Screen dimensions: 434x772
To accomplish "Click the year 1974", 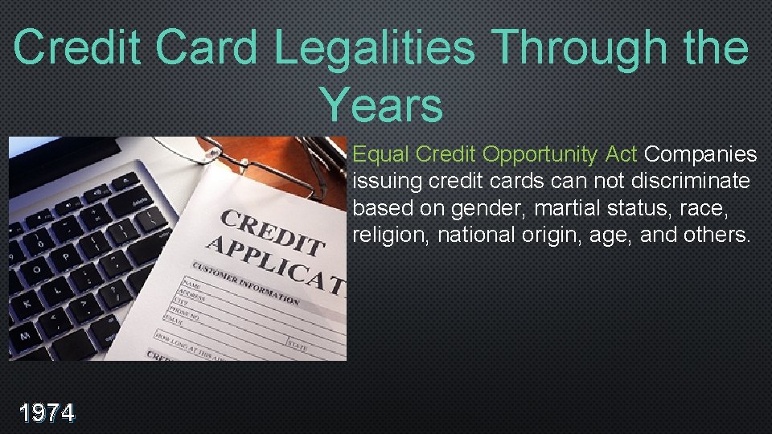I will pos(47,413).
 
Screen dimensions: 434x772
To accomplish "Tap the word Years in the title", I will pos(381,105).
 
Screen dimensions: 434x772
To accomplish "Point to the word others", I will pos(711,235).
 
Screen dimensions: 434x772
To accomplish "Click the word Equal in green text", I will pos(380,154).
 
